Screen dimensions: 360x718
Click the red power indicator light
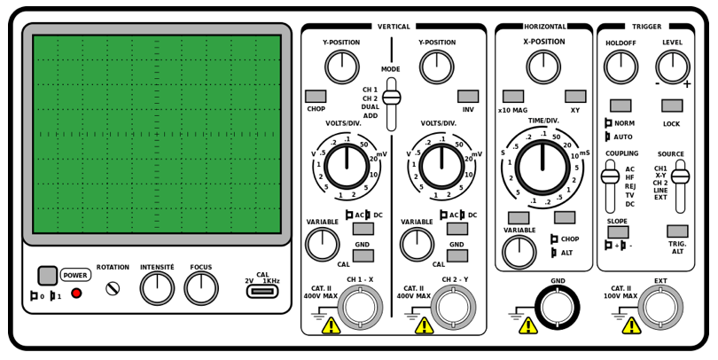[x=76, y=293]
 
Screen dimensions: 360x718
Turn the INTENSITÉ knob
[x=157, y=287]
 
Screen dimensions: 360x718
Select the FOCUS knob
[x=201, y=287]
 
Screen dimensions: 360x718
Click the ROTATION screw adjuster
[x=113, y=287]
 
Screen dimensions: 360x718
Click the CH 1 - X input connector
[x=361, y=308]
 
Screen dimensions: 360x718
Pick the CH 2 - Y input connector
[x=455, y=308]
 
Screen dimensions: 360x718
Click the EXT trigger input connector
[x=660, y=308]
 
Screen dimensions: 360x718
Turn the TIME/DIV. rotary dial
[x=543, y=166]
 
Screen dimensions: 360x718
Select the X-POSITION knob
[x=543, y=67]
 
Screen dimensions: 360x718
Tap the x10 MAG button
[x=512, y=96]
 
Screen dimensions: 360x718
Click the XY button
[x=575, y=96]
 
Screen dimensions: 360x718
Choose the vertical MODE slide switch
[x=391, y=98]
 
